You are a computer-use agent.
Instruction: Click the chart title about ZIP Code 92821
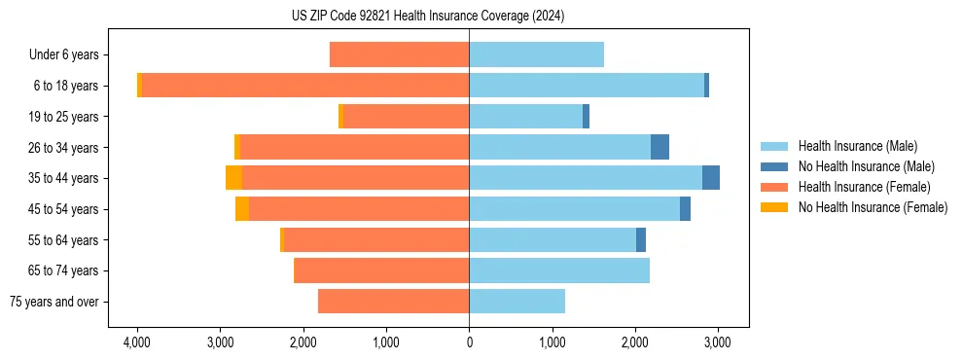click(427, 16)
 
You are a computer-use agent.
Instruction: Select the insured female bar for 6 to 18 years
click(305, 86)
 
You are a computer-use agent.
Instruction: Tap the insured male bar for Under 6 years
click(536, 54)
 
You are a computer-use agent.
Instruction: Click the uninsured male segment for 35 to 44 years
click(711, 178)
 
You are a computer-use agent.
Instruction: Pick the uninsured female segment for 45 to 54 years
click(242, 209)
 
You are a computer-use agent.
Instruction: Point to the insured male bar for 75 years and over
click(517, 302)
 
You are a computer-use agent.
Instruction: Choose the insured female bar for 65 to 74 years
click(381, 270)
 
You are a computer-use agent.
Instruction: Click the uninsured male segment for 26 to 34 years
click(660, 147)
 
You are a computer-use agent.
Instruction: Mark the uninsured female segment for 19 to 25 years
click(340, 117)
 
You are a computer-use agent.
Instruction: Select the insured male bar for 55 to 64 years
click(553, 240)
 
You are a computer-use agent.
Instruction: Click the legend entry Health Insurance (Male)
click(857, 146)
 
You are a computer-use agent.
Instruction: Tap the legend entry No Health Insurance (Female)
click(873, 207)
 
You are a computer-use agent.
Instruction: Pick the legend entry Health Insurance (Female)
click(864, 187)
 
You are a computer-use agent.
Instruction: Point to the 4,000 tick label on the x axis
click(137, 342)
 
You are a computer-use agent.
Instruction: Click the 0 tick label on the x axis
click(469, 342)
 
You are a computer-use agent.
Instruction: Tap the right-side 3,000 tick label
click(718, 342)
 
